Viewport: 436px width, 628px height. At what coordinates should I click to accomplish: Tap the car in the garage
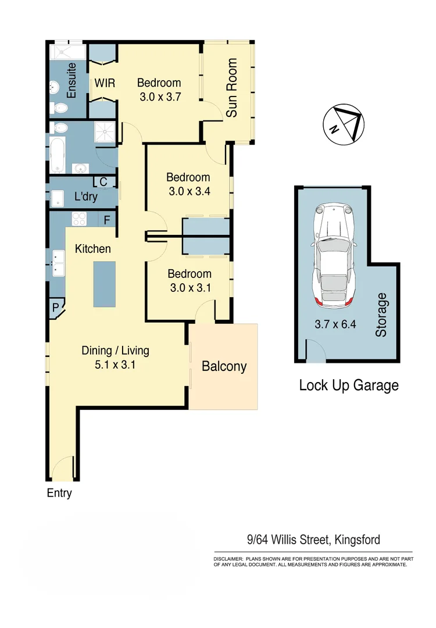pos(333,256)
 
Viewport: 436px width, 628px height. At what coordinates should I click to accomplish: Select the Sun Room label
pos(232,88)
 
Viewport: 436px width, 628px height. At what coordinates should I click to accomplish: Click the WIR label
pos(105,83)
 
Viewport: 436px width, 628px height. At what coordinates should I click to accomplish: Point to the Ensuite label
pos(72,82)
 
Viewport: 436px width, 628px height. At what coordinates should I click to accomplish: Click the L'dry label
pos(86,197)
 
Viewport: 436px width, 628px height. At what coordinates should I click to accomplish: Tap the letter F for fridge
pos(107,220)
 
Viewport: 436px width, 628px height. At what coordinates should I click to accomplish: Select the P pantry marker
pos(56,308)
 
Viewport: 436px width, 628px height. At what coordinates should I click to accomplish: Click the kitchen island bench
pos(109,284)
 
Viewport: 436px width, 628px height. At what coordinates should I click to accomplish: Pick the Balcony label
pos(224,366)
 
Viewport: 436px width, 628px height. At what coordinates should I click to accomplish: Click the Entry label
pos(59,493)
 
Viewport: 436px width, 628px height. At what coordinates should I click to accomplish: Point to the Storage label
pos(381,315)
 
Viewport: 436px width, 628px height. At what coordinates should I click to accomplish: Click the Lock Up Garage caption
pos(348,385)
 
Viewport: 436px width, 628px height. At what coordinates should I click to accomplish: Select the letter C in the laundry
pos(103,182)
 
